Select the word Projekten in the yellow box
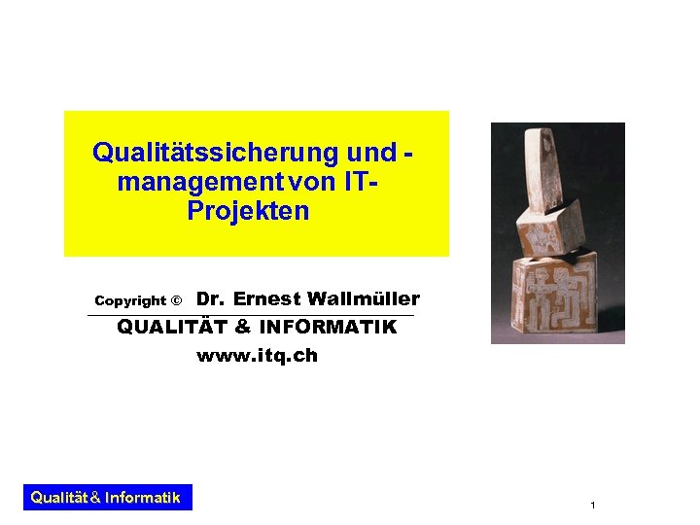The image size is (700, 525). pyautogui.click(x=248, y=211)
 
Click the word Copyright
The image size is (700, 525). pyautogui.click(x=130, y=301)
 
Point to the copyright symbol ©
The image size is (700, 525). pyautogui.click(x=176, y=301)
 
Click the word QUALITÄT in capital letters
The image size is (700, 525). pyautogui.click(x=173, y=328)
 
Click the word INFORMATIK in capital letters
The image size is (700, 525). pyautogui.click(x=328, y=328)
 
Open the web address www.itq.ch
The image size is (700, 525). pyautogui.click(x=257, y=356)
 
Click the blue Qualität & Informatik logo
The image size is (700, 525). pyautogui.click(x=106, y=498)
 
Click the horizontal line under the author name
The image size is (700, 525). pyautogui.click(x=250, y=315)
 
